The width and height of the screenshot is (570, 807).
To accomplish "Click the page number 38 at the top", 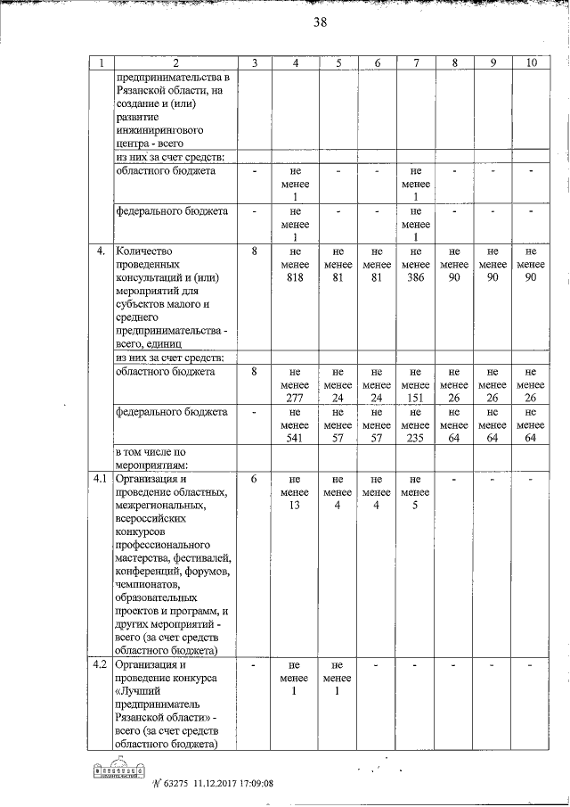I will click(321, 24).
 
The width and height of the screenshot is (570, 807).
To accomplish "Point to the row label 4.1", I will click(102, 480).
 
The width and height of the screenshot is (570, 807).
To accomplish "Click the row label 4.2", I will click(102, 665).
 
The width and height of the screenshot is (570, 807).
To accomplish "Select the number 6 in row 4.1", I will click(255, 480).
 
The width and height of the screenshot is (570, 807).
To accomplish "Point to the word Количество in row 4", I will click(145, 252).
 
